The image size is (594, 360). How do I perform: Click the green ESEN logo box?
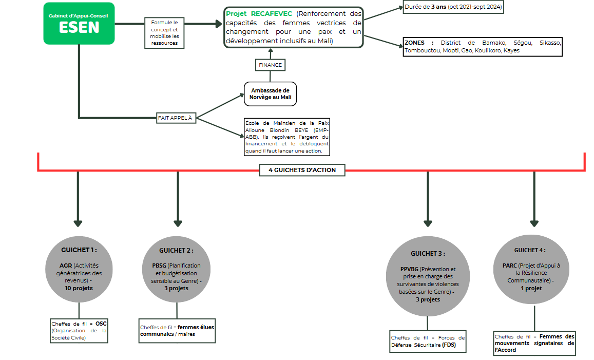[x=79, y=24]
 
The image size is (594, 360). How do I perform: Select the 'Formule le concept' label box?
[x=164, y=33]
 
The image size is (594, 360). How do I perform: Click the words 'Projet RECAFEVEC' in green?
[x=259, y=14]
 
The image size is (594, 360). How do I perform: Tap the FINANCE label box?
[x=270, y=65]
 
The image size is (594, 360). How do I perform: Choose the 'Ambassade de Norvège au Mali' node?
[x=270, y=94]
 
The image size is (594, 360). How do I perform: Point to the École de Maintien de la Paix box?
[x=287, y=137]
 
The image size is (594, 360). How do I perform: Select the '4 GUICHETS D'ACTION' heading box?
[x=302, y=170]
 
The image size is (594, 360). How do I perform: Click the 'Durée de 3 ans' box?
[x=453, y=7]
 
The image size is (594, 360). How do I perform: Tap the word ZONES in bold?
[x=414, y=43]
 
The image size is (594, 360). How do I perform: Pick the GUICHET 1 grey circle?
[x=79, y=270]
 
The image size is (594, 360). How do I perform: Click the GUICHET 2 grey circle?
[x=177, y=270]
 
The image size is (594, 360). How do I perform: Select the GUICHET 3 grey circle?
[x=428, y=276]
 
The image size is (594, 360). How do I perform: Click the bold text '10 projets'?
[x=79, y=289]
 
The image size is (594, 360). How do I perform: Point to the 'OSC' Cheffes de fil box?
[x=79, y=330]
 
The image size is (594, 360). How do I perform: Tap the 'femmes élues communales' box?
[x=177, y=331]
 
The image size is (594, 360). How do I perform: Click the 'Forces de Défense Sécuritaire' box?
[x=428, y=342]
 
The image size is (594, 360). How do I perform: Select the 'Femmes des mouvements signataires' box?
[x=534, y=343]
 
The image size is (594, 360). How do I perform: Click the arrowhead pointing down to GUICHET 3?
[x=428, y=223]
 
